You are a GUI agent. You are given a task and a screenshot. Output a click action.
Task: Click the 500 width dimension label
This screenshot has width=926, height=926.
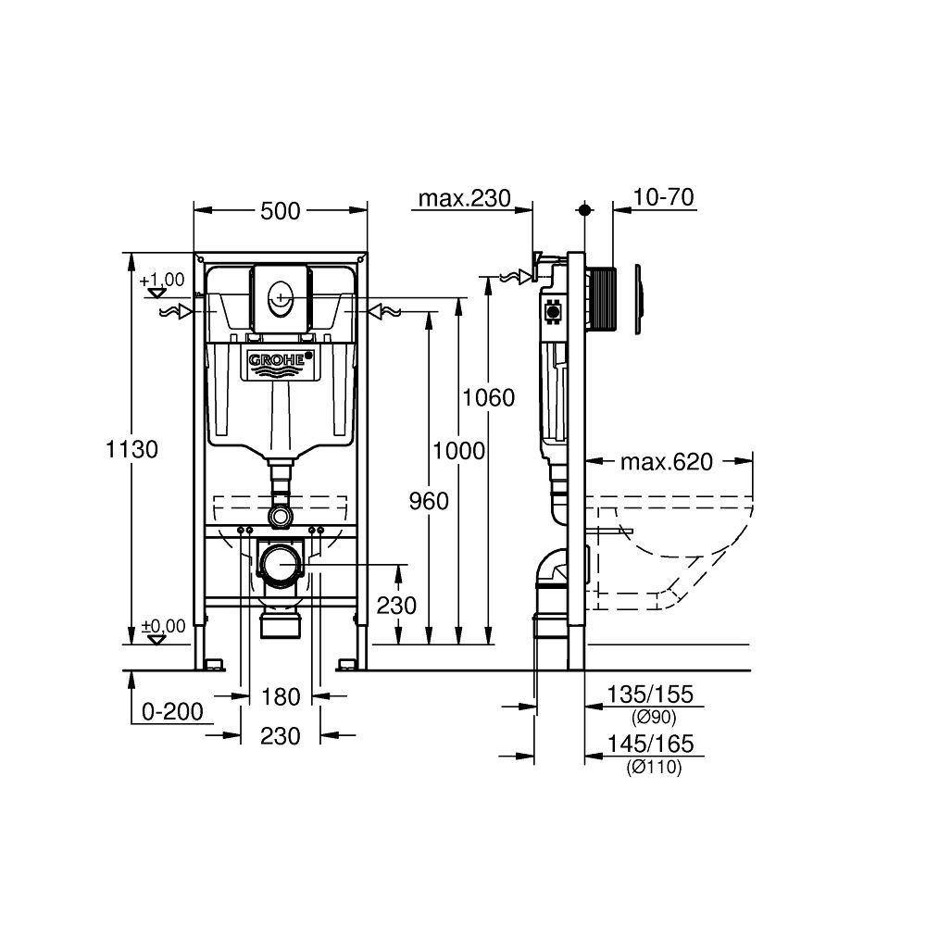click(280, 211)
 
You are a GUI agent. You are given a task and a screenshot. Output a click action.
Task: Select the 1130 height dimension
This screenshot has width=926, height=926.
click(131, 449)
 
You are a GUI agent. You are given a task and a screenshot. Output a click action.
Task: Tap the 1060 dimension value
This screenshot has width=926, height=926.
click(488, 398)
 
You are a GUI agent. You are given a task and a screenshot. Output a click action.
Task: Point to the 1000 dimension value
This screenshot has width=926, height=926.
click(458, 451)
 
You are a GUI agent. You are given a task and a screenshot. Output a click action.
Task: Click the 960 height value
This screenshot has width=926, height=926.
click(428, 501)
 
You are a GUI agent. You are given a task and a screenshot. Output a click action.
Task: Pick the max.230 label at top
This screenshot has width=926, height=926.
click(464, 197)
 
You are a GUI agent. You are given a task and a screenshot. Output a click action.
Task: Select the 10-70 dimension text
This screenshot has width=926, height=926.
click(665, 197)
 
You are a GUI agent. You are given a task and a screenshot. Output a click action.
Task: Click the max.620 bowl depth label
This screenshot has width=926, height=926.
click(667, 461)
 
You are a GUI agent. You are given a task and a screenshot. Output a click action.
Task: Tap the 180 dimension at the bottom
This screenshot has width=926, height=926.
click(280, 695)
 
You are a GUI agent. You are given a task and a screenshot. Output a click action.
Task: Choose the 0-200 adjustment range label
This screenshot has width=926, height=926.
click(172, 711)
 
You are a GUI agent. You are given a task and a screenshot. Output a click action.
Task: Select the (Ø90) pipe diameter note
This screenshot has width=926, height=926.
click(654, 718)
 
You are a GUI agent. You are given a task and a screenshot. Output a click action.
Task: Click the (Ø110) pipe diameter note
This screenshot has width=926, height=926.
click(654, 768)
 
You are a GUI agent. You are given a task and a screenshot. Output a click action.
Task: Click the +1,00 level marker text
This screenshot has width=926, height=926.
click(162, 280)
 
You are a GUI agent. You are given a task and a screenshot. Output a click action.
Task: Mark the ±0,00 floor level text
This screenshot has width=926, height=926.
click(162, 626)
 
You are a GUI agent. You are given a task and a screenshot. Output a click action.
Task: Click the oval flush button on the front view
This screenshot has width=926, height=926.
click(280, 299)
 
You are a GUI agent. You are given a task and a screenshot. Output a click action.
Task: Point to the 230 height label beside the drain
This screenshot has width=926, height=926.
click(398, 606)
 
